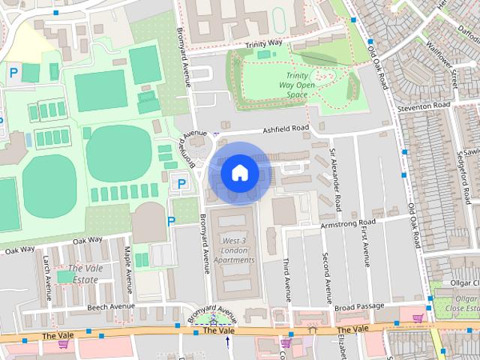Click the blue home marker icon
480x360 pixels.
(240, 172)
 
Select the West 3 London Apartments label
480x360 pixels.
(234, 250)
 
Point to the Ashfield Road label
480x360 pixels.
(285, 130)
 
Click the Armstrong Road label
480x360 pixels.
(346, 223)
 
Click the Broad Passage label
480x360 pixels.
(359, 306)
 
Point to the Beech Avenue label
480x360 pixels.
(111, 307)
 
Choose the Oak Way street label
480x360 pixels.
(87, 241)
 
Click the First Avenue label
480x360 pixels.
(365, 248)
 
